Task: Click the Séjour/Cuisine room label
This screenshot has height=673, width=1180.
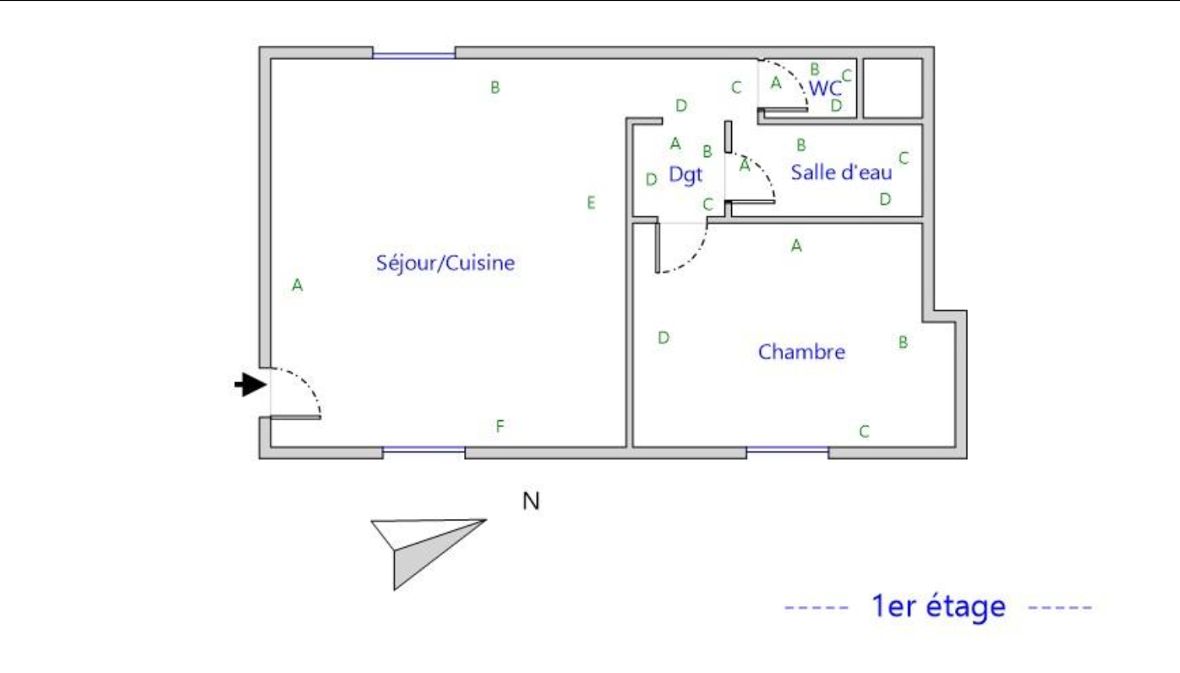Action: point(445,263)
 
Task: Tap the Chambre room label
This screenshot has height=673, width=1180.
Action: point(801,352)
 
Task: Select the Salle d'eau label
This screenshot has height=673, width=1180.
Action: point(841,172)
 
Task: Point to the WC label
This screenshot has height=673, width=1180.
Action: point(825,88)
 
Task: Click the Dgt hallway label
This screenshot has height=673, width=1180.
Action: point(686,174)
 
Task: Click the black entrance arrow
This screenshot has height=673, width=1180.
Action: point(250,384)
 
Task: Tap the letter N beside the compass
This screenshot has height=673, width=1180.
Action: point(531,501)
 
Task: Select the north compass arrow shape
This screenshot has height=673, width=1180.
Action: point(422,548)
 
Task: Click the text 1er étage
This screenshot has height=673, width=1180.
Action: point(939,606)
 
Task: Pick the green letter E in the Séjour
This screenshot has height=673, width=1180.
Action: point(591,202)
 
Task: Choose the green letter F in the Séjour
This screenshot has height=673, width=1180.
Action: point(500,425)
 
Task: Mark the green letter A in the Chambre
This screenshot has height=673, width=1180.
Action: point(796,245)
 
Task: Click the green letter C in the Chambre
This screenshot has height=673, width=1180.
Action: point(864,432)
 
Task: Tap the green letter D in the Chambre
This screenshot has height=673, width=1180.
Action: point(664,337)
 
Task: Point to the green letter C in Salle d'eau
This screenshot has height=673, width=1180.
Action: point(904,157)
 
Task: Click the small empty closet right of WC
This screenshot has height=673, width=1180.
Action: point(893,88)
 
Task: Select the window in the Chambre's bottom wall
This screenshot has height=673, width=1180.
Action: point(787,450)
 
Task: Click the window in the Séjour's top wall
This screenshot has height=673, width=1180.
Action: point(414,55)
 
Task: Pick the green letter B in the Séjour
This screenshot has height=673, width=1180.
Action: point(495,87)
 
